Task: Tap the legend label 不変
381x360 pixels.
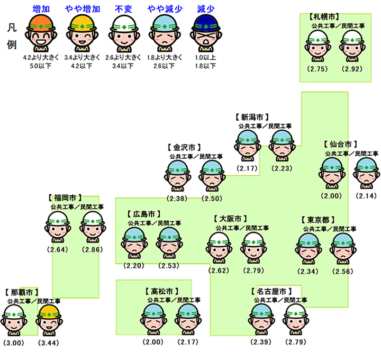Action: [x=123, y=9]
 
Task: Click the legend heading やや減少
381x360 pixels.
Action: [x=164, y=9]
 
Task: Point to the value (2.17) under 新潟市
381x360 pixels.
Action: [x=247, y=168]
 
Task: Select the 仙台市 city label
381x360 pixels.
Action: [x=340, y=144]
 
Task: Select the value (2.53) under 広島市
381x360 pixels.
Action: [x=169, y=265]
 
